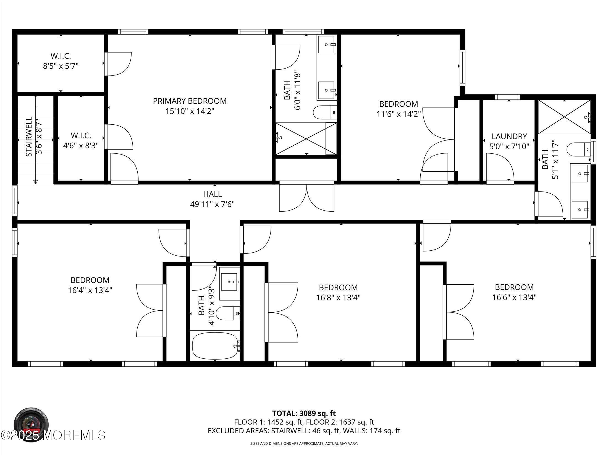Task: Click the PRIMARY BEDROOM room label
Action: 190,101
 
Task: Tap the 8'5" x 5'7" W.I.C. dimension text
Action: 61,66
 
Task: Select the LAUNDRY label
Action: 509,136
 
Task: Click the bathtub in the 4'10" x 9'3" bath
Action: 215,346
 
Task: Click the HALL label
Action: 212,194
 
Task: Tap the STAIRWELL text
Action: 29,137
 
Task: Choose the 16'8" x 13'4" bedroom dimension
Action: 338,298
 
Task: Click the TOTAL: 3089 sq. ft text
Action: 304,421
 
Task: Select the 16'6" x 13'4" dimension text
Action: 514,297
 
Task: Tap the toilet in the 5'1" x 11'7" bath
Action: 578,150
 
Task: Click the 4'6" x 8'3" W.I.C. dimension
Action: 81,146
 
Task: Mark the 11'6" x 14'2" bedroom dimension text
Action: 399,114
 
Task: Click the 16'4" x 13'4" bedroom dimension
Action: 90,290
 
